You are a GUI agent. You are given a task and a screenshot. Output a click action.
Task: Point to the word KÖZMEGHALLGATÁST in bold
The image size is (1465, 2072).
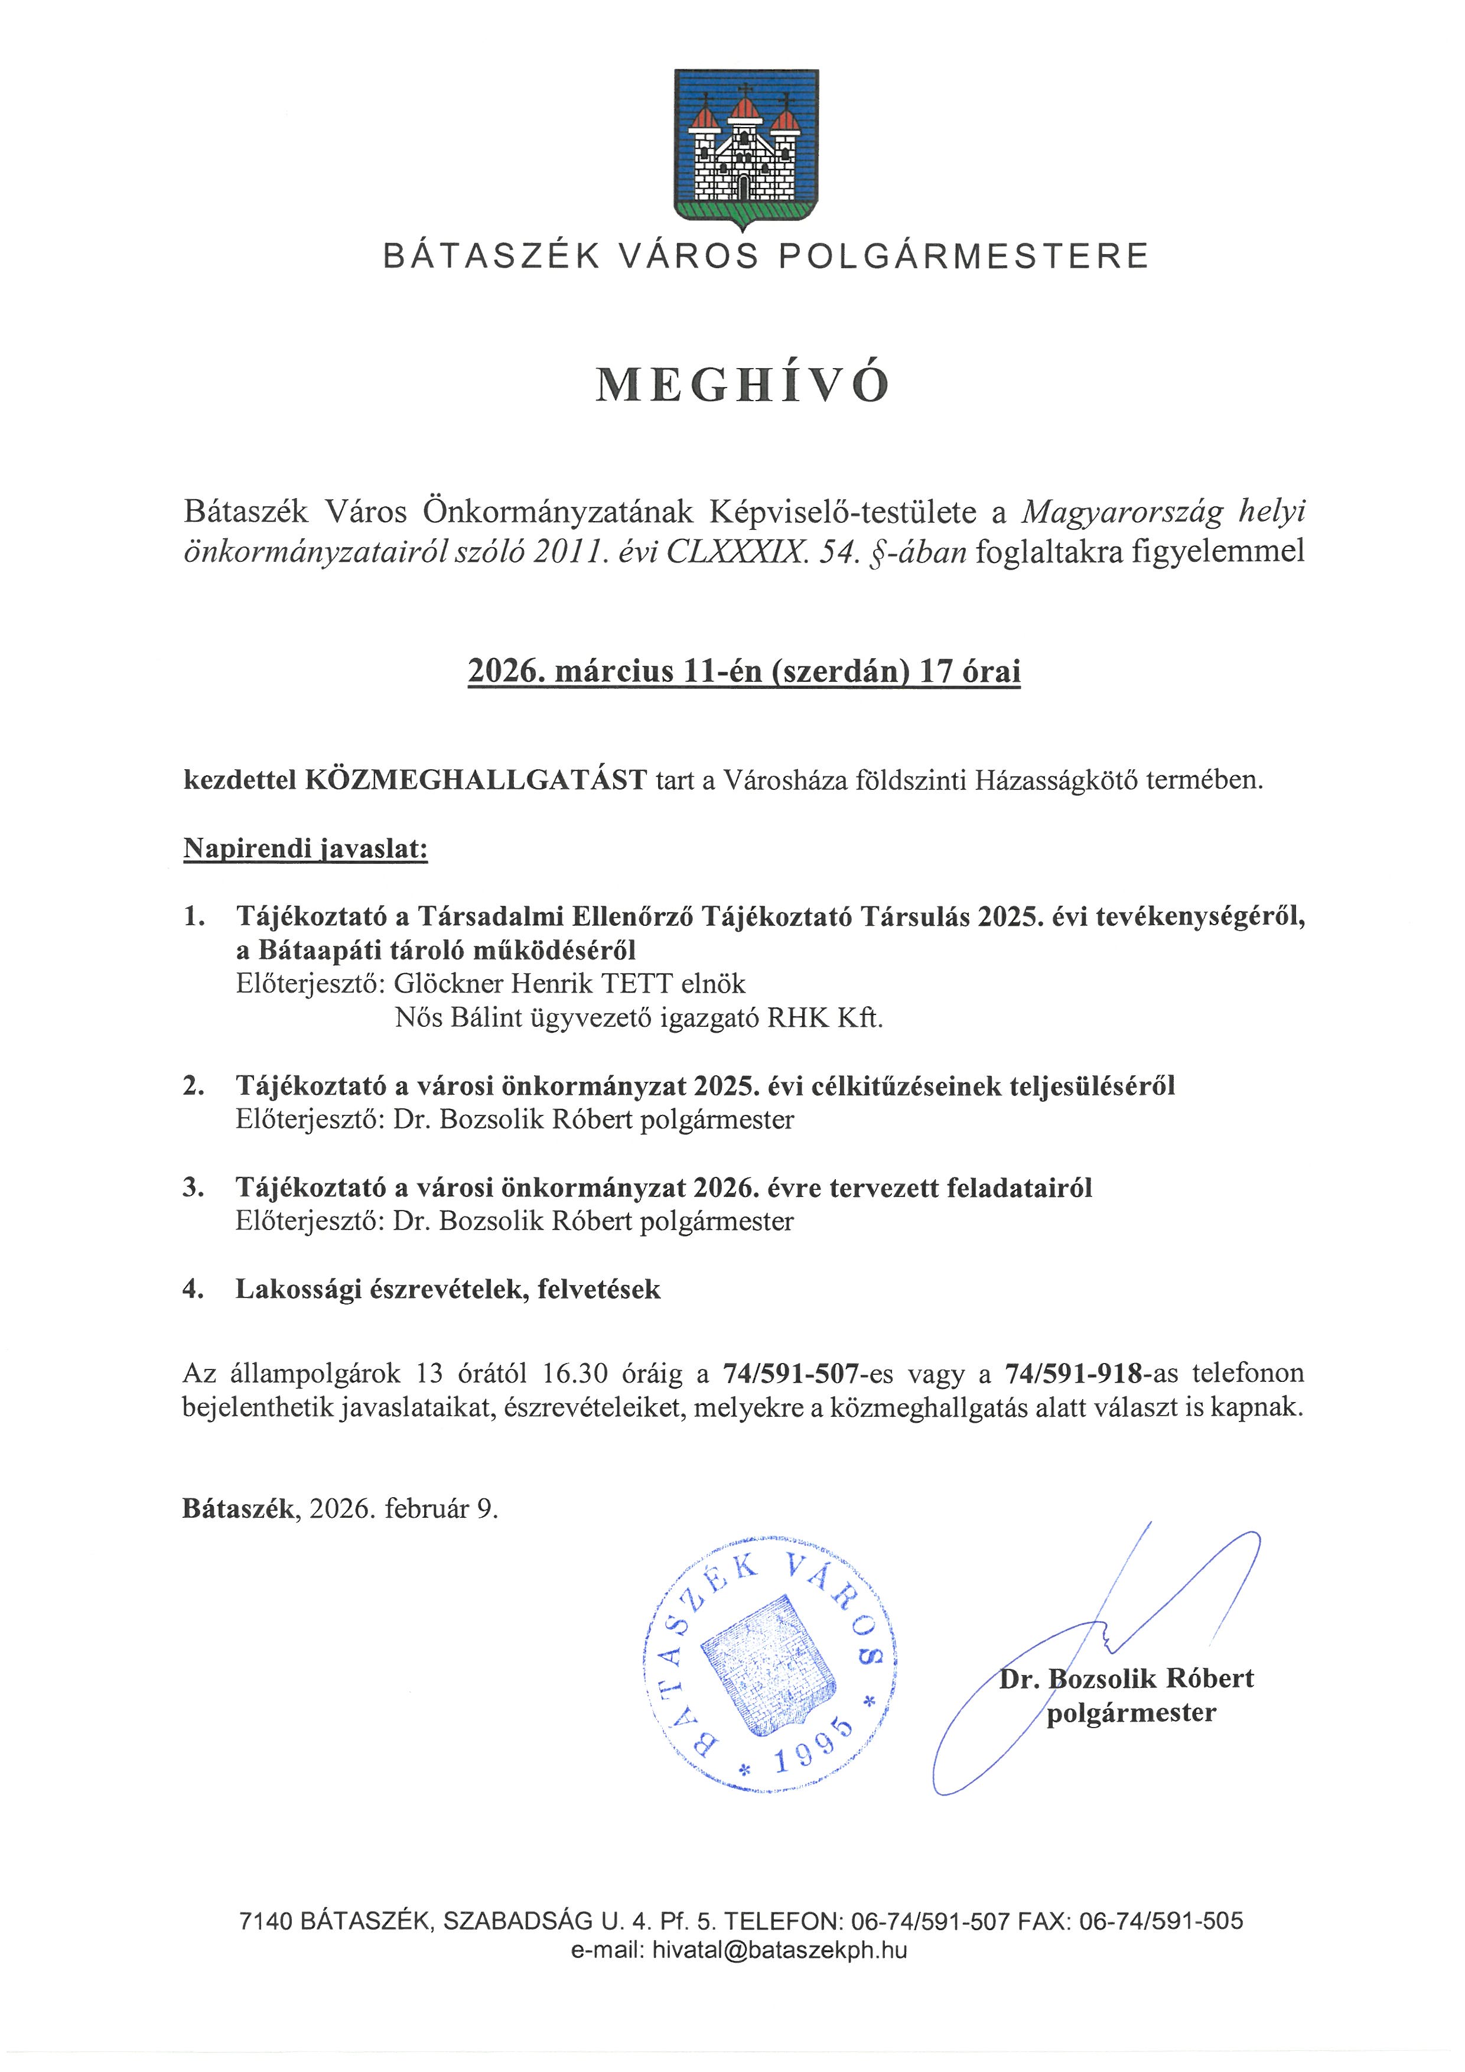476,780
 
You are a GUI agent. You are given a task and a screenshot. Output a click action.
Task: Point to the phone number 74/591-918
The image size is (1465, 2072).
1073,1374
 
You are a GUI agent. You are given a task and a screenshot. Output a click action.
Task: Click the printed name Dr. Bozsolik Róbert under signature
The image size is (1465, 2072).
1126,1679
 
